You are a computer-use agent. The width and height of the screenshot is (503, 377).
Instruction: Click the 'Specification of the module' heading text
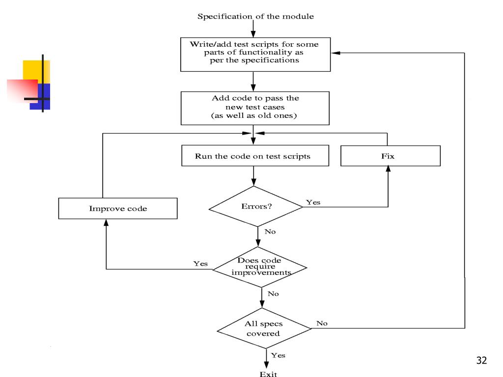click(x=255, y=16)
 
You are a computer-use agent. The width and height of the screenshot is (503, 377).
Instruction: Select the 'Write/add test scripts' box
click(x=255, y=54)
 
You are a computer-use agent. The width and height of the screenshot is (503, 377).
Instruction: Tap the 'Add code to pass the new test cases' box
click(x=255, y=108)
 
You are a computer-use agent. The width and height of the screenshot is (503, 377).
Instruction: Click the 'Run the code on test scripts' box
click(x=255, y=156)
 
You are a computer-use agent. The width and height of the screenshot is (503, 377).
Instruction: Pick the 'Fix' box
click(x=391, y=156)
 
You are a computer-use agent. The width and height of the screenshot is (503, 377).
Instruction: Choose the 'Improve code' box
click(x=118, y=208)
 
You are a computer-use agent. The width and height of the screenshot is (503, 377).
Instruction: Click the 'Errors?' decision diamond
click(x=255, y=207)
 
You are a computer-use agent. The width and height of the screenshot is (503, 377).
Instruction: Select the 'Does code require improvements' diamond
click(x=259, y=267)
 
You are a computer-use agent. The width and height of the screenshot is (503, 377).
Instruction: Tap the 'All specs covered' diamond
click(x=264, y=328)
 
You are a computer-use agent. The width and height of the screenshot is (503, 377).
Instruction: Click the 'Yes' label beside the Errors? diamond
click(x=313, y=202)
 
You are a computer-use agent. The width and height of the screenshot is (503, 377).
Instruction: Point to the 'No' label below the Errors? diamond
click(x=270, y=232)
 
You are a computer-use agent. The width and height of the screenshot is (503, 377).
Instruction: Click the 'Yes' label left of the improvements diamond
click(x=200, y=264)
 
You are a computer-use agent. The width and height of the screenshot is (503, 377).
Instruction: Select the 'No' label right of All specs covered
click(x=322, y=323)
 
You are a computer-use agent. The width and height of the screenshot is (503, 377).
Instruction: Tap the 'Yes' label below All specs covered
click(x=278, y=355)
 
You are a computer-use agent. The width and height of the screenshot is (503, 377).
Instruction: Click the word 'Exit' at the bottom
click(x=268, y=374)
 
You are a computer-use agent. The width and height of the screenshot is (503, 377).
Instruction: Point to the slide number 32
click(x=481, y=360)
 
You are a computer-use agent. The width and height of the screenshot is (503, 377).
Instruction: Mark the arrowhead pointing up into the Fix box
click(x=388, y=169)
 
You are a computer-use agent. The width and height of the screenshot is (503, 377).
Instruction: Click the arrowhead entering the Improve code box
click(x=106, y=222)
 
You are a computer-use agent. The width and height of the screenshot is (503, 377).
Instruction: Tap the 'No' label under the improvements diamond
click(x=273, y=294)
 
